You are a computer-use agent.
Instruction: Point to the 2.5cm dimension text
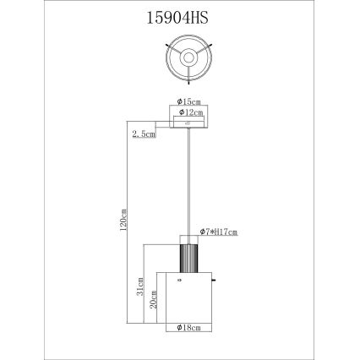[144, 134]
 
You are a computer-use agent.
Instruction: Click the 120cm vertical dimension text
[123, 221]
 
